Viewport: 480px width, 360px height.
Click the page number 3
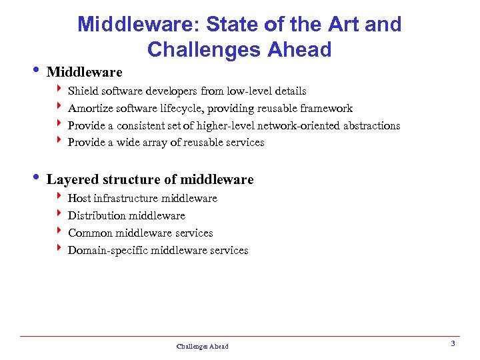pyautogui.click(x=453, y=343)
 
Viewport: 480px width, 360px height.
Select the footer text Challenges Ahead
pyautogui.click(x=202, y=346)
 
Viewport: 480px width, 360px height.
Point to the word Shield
pyautogui.click(x=82, y=91)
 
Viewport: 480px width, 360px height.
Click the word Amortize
pyautogui.click(x=91, y=108)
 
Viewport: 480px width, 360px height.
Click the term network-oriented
pyautogui.click(x=296, y=125)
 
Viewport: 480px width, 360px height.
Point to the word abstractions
pyautogui.click(x=371, y=125)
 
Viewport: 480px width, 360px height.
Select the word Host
pyautogui.click(x=79, y=198)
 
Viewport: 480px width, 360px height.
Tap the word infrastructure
pyautogui.click(x=124, y=198)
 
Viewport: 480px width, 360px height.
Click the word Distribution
pyautogui.click(x=97, y=215)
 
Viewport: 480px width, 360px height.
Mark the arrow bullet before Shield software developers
pyautogui.click(x=60, y=90)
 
